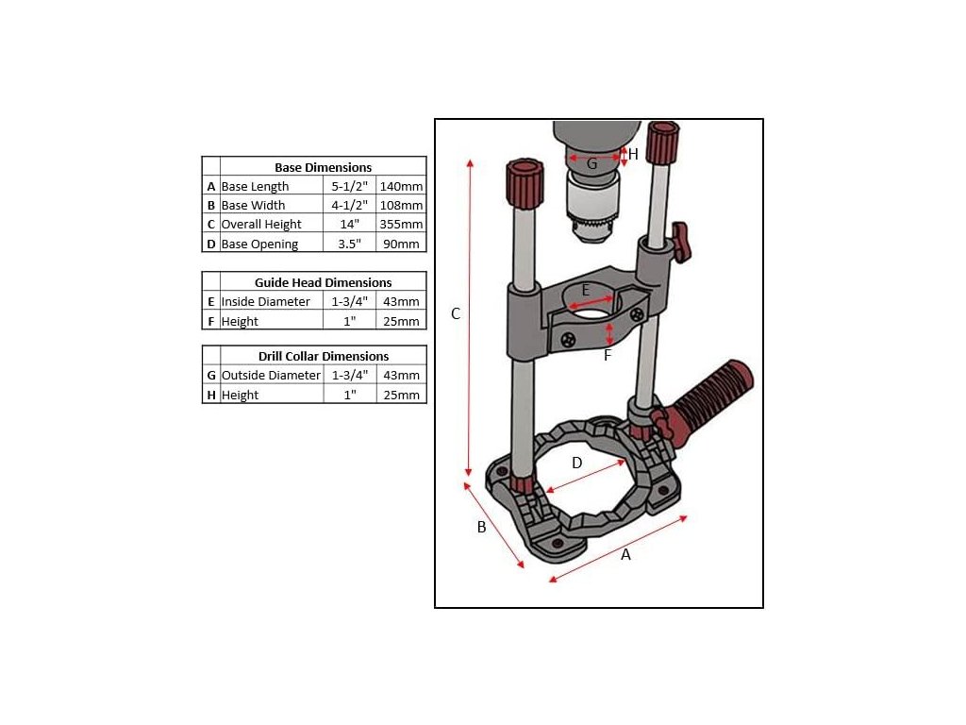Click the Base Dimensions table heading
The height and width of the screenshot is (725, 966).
[323, 167]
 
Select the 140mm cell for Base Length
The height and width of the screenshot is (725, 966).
[401, 186]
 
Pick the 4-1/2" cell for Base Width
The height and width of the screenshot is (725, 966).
[349, 205]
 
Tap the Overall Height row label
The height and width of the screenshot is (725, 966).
[261, 225]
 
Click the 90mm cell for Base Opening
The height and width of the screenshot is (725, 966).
[401, 244]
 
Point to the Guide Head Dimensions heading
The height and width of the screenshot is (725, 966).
[323, 282]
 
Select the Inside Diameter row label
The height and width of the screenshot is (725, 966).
[265, 301]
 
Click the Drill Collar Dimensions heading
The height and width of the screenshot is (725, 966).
[324, 356]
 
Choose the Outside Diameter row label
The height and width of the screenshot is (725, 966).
[271, 375]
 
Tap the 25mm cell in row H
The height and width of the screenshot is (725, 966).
[401, 395]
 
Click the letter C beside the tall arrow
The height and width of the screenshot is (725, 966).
[456, 313]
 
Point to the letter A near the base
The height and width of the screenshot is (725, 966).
[626, 555]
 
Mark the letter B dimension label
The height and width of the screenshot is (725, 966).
[482, 527]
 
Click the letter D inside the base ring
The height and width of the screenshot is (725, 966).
[577, 463]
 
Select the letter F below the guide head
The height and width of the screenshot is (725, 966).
[608, 355]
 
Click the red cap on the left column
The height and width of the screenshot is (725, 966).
[525, 184]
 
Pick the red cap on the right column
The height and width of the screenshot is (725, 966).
[662, 143]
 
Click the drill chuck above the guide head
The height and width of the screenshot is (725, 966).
[594, 207]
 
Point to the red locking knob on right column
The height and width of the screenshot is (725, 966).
[680, 243]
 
